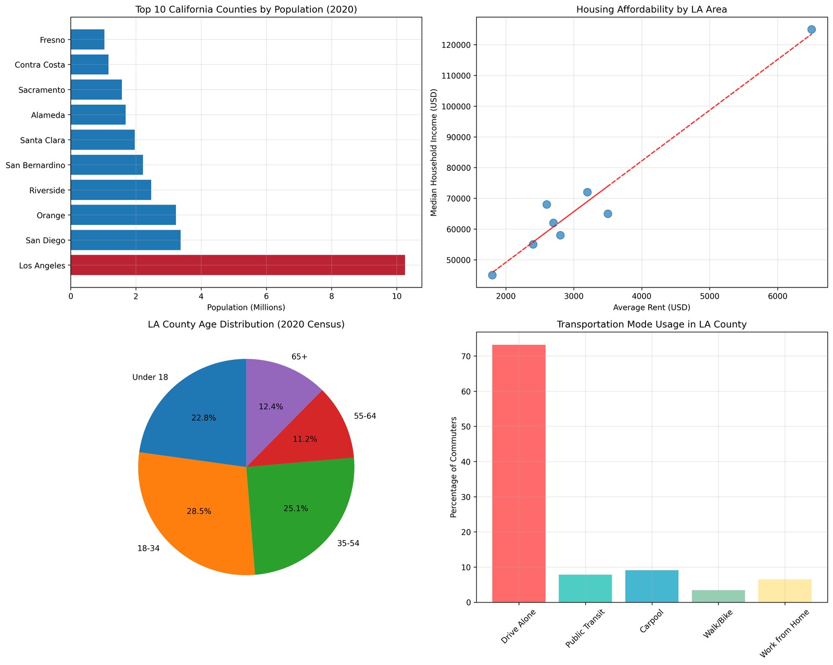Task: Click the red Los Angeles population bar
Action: click(x=237, y=265)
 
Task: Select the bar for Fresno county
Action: click(x=87, y=40)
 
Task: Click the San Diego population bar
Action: click(x=125, y=240)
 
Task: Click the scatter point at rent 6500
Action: click(x=811, y=30)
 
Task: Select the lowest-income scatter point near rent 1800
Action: click(x=492, y=275)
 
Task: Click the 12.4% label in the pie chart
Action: click(x=271, y=407)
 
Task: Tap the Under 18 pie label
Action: click(x=150, y=377)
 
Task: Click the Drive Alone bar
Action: click(x=519, y=473)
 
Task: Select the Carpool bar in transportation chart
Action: click(x=651, y=586)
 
